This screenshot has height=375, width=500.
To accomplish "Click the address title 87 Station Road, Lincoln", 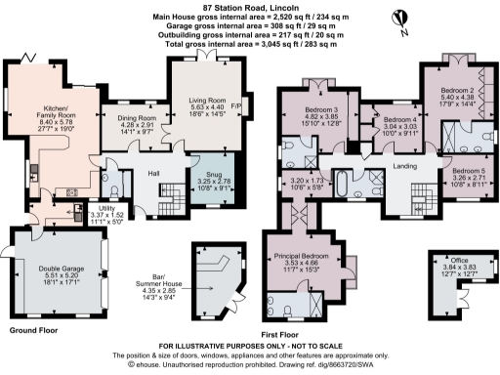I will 249,7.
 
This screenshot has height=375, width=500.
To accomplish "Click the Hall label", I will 154,173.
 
